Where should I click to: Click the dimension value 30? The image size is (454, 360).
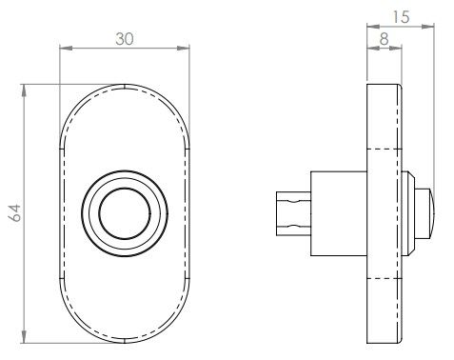pyautogui.click(x=125, y=39)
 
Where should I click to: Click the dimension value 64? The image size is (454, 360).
pyautogui.click(x=14, y=212)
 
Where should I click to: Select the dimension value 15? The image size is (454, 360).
pyautogui.click(x=401, y=17)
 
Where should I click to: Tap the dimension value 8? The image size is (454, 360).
pyautogui.click(x=384, y=39)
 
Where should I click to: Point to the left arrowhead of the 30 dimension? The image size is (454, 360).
pyautogui.click(x=67, y=49)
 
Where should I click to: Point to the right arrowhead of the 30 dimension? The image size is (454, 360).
pyautogui.click(x=183, y=49)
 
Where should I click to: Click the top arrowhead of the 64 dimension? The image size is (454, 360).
pyautogui.click(x=24, y=91)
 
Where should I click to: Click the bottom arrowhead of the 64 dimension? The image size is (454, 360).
pyautogui.click(x=24, y=336)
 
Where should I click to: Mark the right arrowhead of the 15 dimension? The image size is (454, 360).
pyautogui.click(x=427, y=27)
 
